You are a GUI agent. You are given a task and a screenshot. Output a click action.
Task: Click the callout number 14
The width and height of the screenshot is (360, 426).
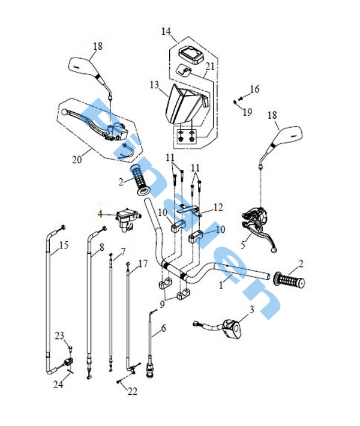point(166,31)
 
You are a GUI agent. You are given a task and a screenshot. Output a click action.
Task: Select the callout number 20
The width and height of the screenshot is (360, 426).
point(77,160)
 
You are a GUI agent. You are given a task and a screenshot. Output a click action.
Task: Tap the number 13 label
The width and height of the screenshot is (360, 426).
point(154,85)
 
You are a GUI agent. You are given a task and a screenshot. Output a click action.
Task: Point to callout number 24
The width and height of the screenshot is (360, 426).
point(58,385)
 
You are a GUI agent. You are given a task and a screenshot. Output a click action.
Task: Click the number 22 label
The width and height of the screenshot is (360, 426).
point(133,391)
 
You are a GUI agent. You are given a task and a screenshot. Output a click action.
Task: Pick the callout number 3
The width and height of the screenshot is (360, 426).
point(251,309)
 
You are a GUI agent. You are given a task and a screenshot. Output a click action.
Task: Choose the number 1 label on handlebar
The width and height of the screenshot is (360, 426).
point(221,285)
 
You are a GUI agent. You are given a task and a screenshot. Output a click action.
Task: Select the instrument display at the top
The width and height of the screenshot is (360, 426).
point(190,55)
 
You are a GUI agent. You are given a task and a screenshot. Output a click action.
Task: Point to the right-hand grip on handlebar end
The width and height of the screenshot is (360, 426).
point(289,280)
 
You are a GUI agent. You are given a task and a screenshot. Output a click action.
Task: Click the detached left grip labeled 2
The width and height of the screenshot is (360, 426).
point(140,180)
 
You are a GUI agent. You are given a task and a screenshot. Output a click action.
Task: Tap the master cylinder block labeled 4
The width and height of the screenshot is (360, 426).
point(127,219)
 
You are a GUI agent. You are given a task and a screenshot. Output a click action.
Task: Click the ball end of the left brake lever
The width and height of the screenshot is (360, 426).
point(64,112)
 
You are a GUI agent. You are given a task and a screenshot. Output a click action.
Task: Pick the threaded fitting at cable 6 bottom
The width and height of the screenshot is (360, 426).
point(150,371)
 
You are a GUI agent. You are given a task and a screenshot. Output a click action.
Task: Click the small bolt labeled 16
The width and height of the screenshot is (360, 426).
point(240,98)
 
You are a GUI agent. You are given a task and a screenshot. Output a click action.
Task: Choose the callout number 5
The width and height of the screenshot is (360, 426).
point(243,245)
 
